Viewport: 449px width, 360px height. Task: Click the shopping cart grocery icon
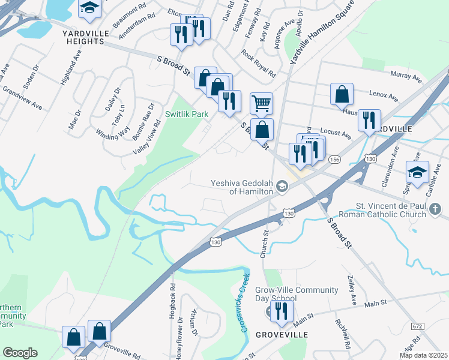click(x=261, y=103)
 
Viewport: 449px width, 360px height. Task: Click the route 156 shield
click(x=334, y=159)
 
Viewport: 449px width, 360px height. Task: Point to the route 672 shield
click(x=418, y=326)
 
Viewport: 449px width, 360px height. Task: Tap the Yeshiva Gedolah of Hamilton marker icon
click(x=282, y=188)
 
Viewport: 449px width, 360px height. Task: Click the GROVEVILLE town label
click(x=277, y=334)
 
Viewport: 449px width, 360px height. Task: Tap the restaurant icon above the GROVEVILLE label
click(x=280, y=311)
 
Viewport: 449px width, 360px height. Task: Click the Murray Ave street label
click(x=406, y=76)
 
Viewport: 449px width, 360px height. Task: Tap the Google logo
click(x=20, y=353)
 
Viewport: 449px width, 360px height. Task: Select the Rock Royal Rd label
click(x=259, y=63)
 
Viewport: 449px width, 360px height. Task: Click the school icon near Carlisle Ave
click(x=417, y=172)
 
